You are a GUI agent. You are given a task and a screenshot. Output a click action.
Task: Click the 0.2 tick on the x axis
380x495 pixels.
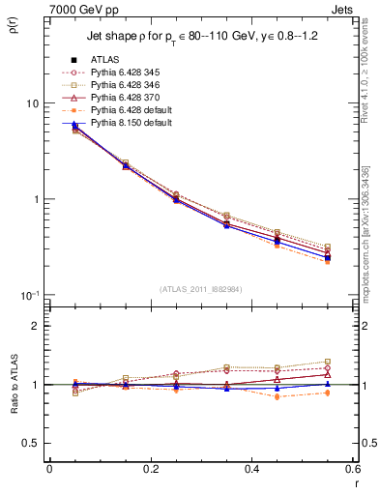coord(150,470)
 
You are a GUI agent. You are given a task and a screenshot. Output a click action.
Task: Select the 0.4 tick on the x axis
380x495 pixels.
coord(251,470)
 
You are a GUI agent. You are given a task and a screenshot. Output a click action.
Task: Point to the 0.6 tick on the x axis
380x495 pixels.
coord(351,470)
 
